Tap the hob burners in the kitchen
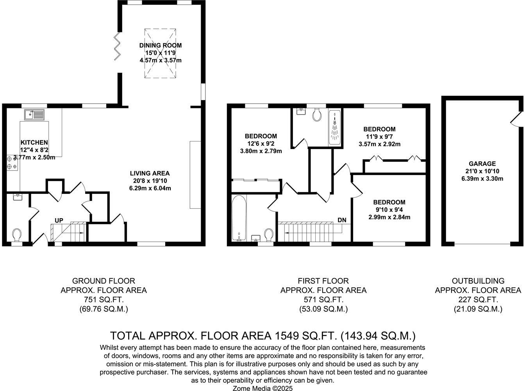tap(12, 163)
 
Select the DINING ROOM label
tap(161, 45)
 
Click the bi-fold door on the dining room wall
tap(117, 47)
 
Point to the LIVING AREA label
tap(150, 173)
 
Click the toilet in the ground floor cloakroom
tap(17, 235)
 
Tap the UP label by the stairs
tap(59, 221)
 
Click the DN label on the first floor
tap(342, 220)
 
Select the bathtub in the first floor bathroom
tap(239, 218)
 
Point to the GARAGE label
tap(482, 164)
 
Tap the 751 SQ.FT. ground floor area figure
tap(104, 300)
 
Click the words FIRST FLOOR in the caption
tap(323, 281)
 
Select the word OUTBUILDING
tap(478, 281)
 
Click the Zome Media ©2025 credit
tap(262, 388)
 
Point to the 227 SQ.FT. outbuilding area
tap(478, 300)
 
